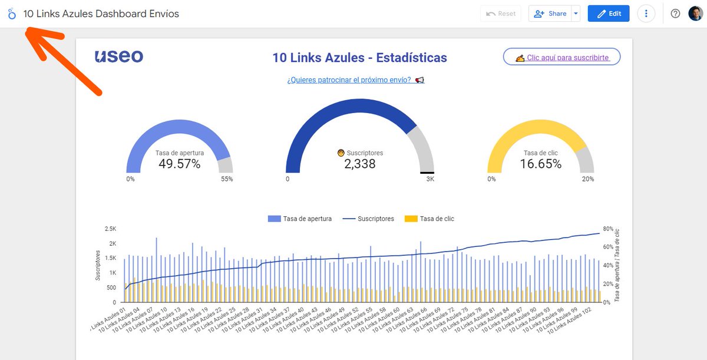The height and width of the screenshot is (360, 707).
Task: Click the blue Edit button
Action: (x=608, y=14)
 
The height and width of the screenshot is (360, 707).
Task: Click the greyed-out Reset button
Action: (x=501, y=14)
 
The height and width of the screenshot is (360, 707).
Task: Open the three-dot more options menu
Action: (x=646, y=14)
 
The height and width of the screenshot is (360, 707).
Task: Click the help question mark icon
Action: (x=676, y=14)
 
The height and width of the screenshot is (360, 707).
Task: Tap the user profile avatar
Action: (x=695, y=14)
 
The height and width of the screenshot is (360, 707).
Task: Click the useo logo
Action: (x=118, y=57)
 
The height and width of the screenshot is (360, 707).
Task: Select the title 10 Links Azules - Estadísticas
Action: (x=359, y=58)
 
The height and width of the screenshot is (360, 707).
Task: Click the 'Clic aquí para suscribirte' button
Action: (x=561, y=57)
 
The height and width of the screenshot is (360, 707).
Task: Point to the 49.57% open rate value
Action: (x=179, y=164)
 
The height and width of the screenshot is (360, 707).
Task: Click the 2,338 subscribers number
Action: (x=359, y=164)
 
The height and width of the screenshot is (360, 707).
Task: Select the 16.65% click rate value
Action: (x=540, y=164)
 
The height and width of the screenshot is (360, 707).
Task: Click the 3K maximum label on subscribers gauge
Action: (x=430, y=179)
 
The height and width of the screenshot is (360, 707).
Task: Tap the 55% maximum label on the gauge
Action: (x=227, y=179)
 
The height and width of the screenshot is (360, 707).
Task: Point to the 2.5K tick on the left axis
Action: (x=110, y=229)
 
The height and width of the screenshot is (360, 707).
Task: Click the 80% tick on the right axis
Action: (x=608, y=229)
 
